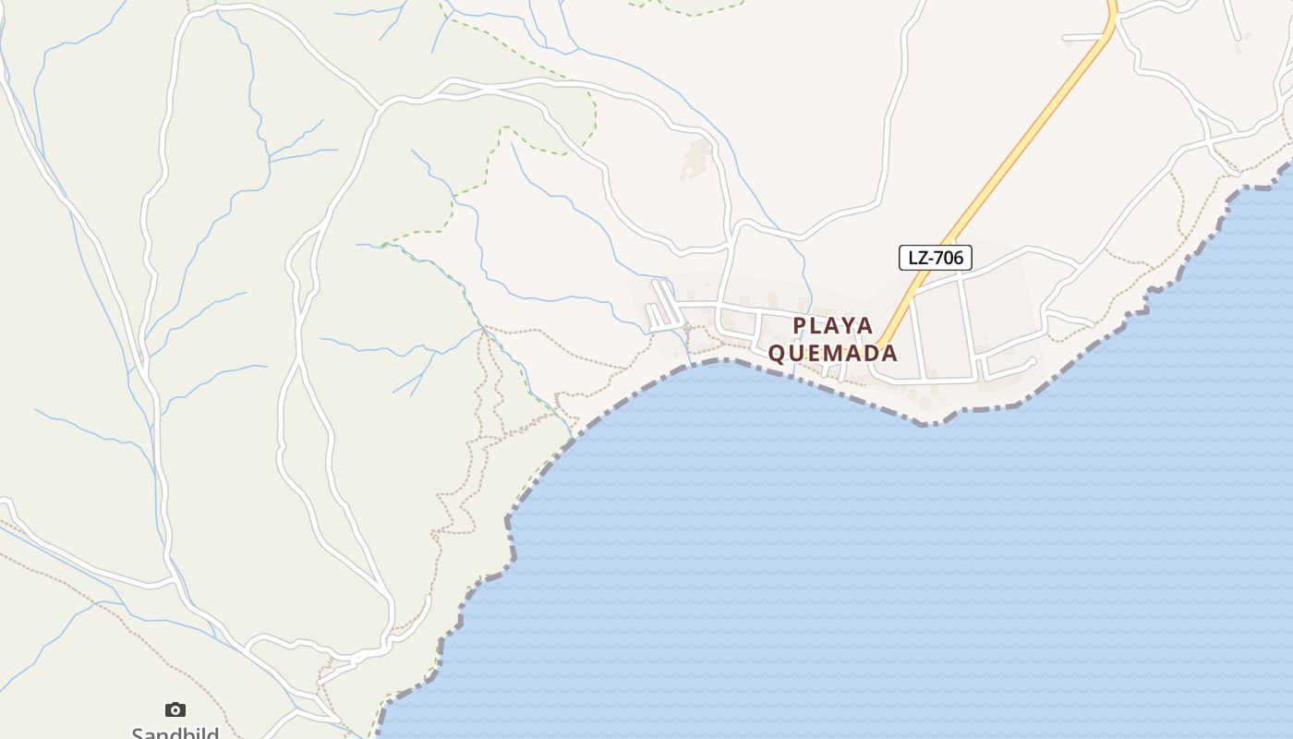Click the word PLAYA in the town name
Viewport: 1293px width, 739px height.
click(x=832, y=326)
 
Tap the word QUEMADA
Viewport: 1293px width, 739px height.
click(x=832, y=353)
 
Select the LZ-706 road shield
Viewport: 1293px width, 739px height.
click(x=935, y=258)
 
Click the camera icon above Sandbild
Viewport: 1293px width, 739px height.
click(x=175, y=709)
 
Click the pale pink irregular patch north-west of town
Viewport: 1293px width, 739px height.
click(x=695, y=159)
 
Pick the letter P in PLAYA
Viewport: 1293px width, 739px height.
click(x=800, y=326)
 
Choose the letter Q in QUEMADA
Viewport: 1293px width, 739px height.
click(x=778, y=353)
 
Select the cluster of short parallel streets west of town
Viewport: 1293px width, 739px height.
click(x=662, y=305)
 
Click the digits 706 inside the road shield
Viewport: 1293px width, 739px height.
click(x=948, y=258)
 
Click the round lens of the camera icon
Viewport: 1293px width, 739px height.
click(x=175, y=710)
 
